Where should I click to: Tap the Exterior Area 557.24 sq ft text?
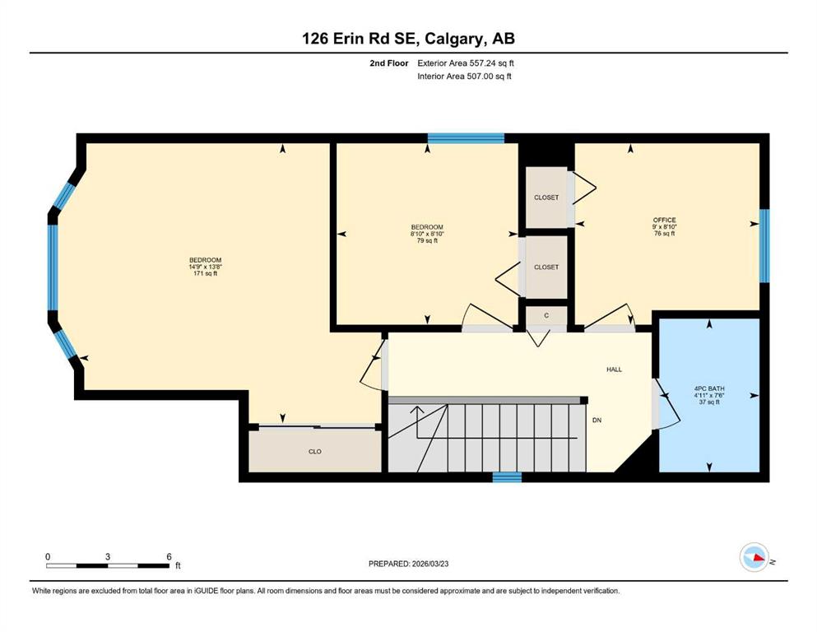click(466, 63)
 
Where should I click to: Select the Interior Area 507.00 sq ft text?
click(464, 77)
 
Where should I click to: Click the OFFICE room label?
click(664, 220)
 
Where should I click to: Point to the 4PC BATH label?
click(709, 388)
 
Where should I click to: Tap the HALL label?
click(615, 369)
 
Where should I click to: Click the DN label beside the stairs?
click(597, 420)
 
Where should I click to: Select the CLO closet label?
click(315, 452)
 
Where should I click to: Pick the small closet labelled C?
click(546, 316)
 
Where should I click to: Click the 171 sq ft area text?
click(206, 273)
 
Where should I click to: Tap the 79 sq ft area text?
click(427, 241)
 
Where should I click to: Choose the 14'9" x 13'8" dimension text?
click(206, 267)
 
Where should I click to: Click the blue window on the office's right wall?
click(764, 246)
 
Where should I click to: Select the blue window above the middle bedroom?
click(466, 138)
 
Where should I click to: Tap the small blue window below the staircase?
click(507, 477)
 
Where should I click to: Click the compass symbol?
click(754, 557)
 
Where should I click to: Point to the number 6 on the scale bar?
click(169, 556)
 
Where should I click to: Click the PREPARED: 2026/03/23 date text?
click(408, 564)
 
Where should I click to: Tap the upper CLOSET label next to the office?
click(546, 197)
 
